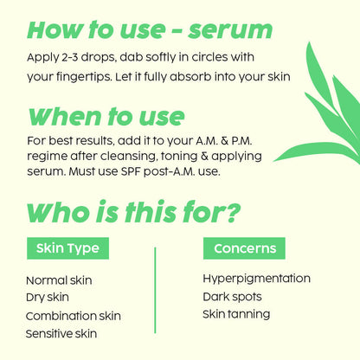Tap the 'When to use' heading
coord(106,116)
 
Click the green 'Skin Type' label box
coord(67,248)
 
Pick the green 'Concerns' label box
coord(244,248)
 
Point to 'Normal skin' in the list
coord(59,280)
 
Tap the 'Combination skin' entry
coord(74,316)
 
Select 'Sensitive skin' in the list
coord(61,333)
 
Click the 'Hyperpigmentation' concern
coord(256,279)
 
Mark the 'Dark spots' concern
coord(232,296)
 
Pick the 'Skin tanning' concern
coord(237,313)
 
